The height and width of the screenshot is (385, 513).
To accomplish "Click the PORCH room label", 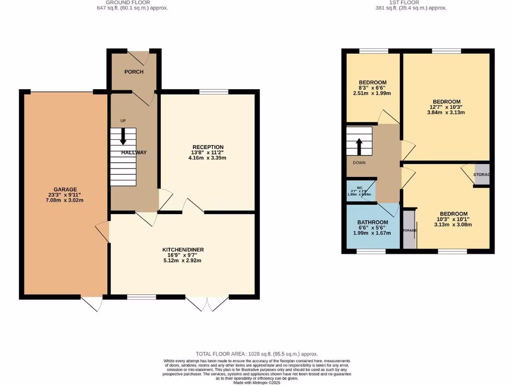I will pyautogui.click(x=134, y=72).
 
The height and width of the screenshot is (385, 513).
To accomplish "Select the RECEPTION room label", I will pyautogui.click(x=208, y=147).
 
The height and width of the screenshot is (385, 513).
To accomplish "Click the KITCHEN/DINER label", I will pyautogui.click(x=183, y=250).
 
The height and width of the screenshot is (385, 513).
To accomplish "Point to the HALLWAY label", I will pyautogui.click(x=134, y=152).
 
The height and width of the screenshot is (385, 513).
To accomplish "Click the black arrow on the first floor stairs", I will pyautogui.click(x=359, y=147).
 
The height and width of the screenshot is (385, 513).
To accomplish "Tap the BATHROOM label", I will pyautogui.click(x=372, y=222).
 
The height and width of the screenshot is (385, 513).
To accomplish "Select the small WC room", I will pyautogui.click(x=361, y=191).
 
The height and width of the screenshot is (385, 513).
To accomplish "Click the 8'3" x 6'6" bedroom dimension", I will pyautogui.click(x=372, y=88).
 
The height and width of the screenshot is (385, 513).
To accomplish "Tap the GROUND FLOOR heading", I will pyautogui.click(x=128, y=3).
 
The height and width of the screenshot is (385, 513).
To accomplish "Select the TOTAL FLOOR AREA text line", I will pyautogui.click(x=256, y=354).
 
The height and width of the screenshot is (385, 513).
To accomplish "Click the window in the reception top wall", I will pyautogui.click(x=213, y=92).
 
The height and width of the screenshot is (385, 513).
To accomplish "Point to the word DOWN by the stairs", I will pyautogui.click(x=359, y=163).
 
